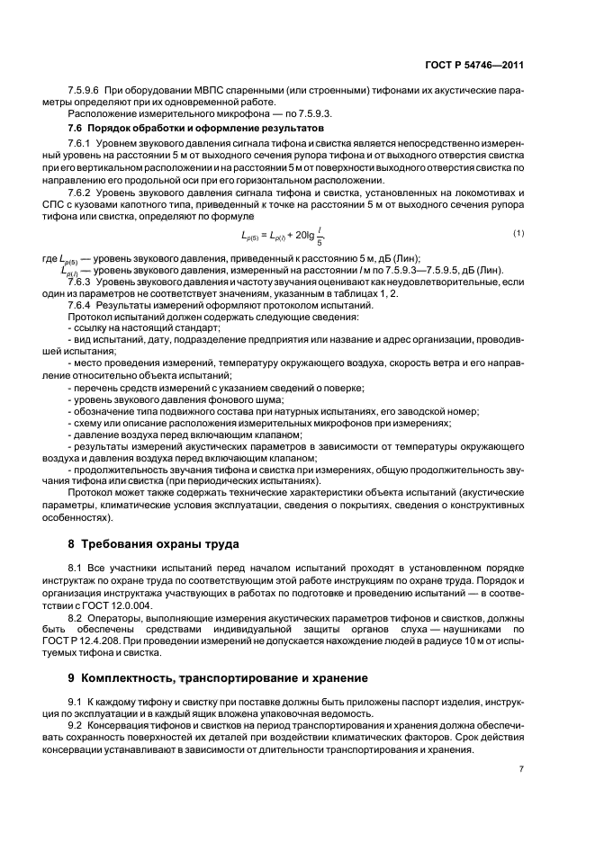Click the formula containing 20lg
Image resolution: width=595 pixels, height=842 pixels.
(x=281, y=237)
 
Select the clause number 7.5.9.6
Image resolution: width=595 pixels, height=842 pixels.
(x=86, y=93)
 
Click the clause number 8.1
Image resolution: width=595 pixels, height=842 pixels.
(x=76, y=569)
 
